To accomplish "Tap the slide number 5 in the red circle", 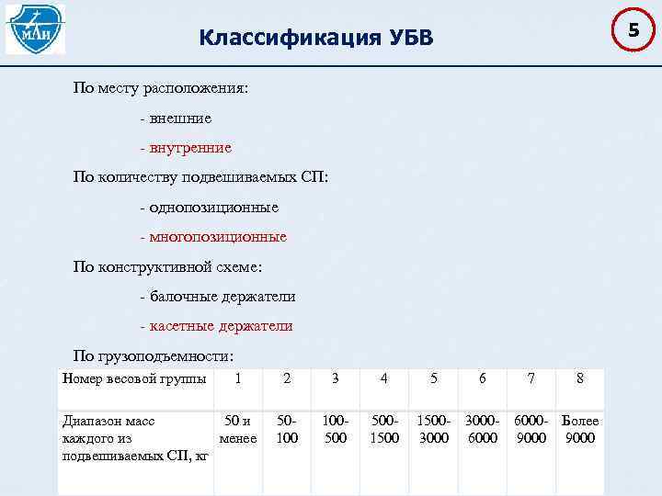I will pyautogui.click(x=633, y=31).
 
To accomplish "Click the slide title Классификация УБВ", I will pyautogui.click(x=314, y=38).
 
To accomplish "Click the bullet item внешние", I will pyautogui.click(x=177, y=118).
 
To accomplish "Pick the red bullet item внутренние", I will pyautogui.click(x=186, y=148).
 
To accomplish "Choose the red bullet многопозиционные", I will pyautogui.click(x=213, y=237).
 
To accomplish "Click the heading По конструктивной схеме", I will pyautogui.click(x=168, y=267).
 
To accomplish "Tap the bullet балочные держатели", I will pyautogui.click(x=217, y=297).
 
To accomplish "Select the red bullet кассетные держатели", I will pyautogui.click(x=216, y=326).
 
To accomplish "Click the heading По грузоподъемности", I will pyautogui.click(x=154, y=355).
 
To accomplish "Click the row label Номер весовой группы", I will pyautogui.click(x=133, y=378).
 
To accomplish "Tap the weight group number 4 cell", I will pyautogui.click(x=384, y=378).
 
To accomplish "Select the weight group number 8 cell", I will pyautogui.click(x=579, y=378).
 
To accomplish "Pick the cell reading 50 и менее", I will pyautogui.click(x=238, y=429).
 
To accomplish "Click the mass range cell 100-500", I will pyautogui.click(x=336, y=429).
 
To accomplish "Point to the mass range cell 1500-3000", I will pyautogui.click(x=434, y=429).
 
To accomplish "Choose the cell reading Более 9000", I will pyautogui.click(x=579, y=429).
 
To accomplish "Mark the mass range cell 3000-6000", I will pyautogui.click(x=483, y=429).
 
